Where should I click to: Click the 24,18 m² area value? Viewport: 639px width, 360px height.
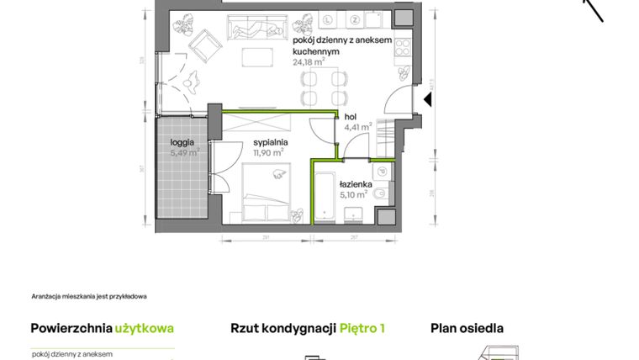tap(309, 61)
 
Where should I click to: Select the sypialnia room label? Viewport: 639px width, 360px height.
tap(272, 142)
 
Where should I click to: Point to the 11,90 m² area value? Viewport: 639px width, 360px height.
tap(272, 153)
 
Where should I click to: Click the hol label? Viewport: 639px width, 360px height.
tap(351, 119)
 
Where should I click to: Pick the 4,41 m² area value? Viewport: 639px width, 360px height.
tap(358, 129)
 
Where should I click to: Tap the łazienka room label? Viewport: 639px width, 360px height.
tap(356, 183)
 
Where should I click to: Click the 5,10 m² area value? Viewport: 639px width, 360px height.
tap(353, 193)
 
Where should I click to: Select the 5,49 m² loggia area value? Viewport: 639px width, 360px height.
tap(185, 152)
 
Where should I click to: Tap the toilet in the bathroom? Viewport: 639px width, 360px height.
tap(383, 193)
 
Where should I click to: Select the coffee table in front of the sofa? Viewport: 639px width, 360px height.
tap(258, 57)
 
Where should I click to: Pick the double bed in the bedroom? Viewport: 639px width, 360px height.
tap(267, 191)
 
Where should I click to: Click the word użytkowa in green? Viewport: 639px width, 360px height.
tap(145, 328)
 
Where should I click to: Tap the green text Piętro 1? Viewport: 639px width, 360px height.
tap(362, 328)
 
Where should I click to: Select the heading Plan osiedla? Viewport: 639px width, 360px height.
tap(467, 328)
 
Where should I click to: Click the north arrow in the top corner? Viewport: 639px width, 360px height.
tap(594, 8)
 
